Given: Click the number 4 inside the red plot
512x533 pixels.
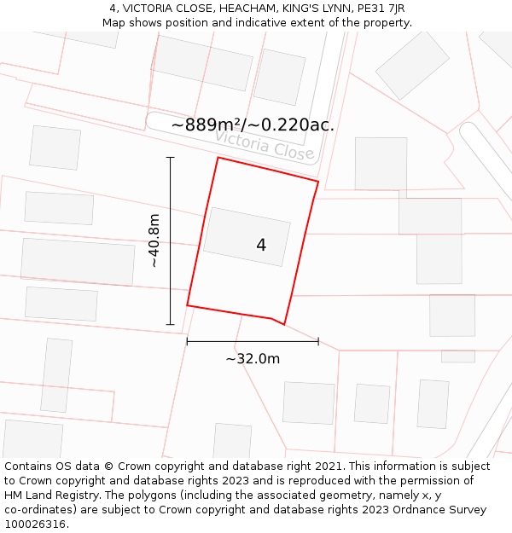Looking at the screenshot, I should (261, 246).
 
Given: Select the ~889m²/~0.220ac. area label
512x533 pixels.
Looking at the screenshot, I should (253, 125).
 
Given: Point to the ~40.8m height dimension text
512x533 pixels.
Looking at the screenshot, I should (154, 240).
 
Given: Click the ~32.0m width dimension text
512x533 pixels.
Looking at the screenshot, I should (253, 359).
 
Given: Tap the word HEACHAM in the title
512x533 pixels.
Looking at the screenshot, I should (241, 9).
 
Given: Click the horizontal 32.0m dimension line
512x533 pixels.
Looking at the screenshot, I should (253, 342).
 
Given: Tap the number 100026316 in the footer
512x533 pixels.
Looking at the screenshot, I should (35, 524).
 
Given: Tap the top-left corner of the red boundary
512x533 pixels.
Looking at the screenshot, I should (218, 158).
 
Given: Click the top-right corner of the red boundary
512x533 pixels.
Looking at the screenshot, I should (318, 182).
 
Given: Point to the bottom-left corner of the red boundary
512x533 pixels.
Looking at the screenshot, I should (187, 305).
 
